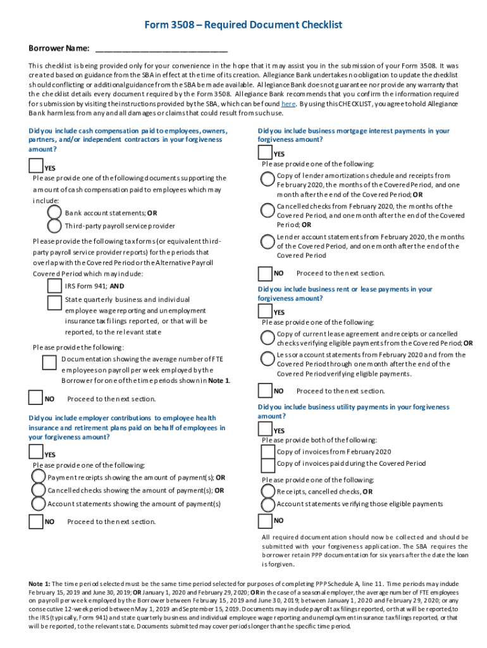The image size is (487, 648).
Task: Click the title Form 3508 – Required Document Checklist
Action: click(243, 25)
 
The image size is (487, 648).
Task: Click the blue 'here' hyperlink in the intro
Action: click(288, 103)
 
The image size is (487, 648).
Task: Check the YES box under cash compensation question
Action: click(36, 166)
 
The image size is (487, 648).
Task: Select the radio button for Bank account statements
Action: click(54, 213)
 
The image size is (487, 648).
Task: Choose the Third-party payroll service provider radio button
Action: click(54, 226)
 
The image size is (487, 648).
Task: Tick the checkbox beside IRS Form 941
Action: click(54, 286)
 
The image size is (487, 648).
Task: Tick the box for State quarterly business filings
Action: click(54, 302)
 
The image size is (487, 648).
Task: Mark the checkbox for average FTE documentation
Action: click(49, 362)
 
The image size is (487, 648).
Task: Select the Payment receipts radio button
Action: click(39, 478)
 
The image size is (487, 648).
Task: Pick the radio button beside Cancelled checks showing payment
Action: click(39, 490)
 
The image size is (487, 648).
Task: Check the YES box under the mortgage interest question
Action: click(266, 152)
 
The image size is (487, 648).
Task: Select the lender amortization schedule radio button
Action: click(268, 180)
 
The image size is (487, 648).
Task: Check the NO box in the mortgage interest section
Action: click(266, 273)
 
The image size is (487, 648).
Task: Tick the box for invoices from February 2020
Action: click(268, 451)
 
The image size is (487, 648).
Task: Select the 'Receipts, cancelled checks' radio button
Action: click(268, 492)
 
